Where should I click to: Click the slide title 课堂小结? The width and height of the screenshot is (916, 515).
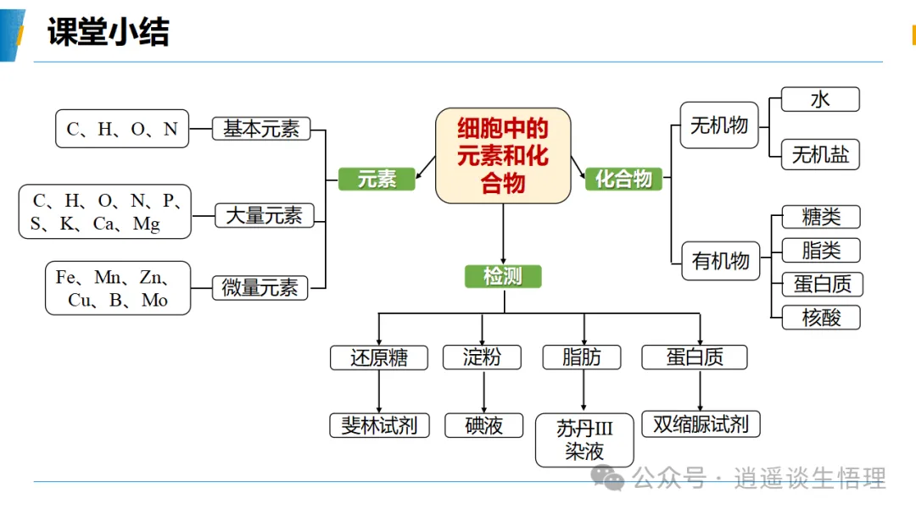[108, 31]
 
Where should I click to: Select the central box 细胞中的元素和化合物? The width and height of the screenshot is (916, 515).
[503, 156]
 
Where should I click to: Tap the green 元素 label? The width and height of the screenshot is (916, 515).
[377, 179]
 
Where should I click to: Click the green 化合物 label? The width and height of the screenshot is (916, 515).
[623, 179]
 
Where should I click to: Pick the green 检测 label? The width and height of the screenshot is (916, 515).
[503, 276]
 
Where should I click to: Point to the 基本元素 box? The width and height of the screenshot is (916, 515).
[260, 129]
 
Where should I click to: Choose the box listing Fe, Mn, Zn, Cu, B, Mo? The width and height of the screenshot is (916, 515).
[118, 288]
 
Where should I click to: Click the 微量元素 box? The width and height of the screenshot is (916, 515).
[260, 287]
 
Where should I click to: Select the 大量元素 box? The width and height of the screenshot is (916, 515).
[264, 215]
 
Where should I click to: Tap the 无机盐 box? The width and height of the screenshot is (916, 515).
[820, 154]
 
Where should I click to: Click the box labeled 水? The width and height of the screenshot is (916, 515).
[820, 99]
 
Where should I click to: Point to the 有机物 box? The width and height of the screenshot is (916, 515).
[721, 261]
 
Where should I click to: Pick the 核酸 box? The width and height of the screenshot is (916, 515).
[821, 318]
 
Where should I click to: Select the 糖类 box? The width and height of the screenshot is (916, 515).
[821, 217]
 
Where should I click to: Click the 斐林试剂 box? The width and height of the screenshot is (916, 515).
[379, 425]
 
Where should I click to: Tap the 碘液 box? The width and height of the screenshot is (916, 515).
[483, 425]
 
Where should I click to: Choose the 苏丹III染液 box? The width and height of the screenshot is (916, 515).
[584, 440]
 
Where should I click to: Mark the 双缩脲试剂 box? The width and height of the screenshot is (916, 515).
[701, 424]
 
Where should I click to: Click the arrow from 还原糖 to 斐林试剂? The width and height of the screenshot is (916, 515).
[379, 391]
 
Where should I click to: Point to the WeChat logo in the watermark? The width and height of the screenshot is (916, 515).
[607, 478]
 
